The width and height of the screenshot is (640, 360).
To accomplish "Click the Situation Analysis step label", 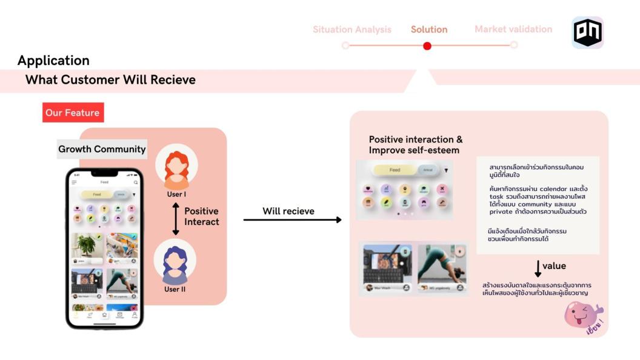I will pos(352,29).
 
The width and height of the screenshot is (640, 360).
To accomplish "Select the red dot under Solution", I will pos(427,45).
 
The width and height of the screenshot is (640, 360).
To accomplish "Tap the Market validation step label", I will pos(513,29).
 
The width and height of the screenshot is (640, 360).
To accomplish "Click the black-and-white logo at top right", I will pos(587,33).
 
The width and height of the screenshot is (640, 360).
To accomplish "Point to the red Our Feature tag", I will pos(73,113).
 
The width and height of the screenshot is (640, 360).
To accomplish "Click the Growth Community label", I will pos(102,149).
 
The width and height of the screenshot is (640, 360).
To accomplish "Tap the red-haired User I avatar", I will pos(176,166).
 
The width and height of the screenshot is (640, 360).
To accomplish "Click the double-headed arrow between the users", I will pos(176,219).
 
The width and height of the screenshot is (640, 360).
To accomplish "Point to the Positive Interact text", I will pos(201,216).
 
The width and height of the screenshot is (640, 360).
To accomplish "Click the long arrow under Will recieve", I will pos(293,220).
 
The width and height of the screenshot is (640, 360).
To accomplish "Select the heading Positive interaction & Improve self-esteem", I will pos(416,145).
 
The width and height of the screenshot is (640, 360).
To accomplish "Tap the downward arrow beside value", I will pos(538,268).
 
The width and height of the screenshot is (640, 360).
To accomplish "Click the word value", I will pos(554,265).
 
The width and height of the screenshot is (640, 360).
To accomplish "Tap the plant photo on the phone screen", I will pos(87,245).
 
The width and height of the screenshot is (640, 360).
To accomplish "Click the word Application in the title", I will pos(53,61).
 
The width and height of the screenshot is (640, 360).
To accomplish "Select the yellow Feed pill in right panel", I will pos(395,170).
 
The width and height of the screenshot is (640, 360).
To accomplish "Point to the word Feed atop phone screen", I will pos(104,182).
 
